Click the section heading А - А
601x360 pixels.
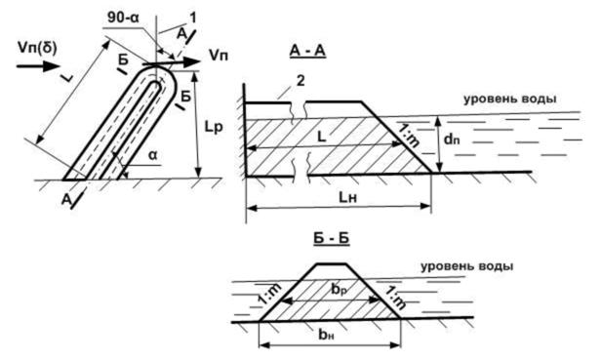point(307,50)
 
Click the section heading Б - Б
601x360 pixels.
point(331,238)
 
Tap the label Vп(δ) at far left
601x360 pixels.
point(37,48)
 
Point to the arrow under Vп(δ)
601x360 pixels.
point(38,66)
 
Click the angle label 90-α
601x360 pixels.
point(123,18)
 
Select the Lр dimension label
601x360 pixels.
point(213,127)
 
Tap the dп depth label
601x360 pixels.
point(452,139)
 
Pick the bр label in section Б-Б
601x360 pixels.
point(339,289)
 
